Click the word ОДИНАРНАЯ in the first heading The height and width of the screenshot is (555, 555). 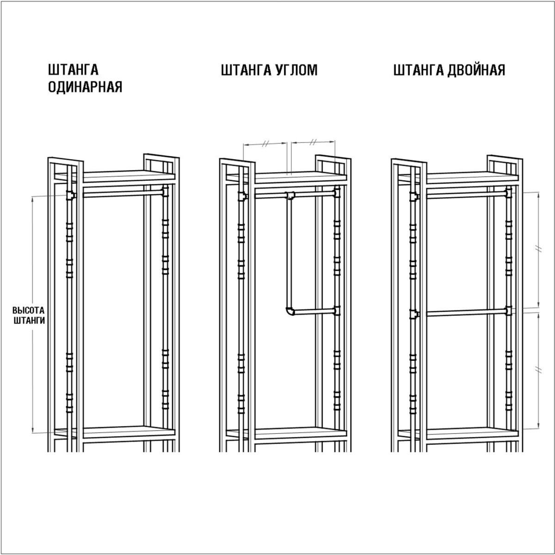point(85,86)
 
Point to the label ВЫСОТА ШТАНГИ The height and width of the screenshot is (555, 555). point(29,315)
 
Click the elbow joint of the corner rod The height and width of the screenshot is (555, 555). point(290,311)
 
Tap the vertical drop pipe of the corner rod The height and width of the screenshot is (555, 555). point(289,253)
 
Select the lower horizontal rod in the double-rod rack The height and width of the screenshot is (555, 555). point(466,313)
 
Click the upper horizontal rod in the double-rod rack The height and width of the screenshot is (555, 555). point(466,195)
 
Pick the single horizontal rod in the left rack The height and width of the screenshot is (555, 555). point(123,193)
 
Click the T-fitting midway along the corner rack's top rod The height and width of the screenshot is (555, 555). point(290,195)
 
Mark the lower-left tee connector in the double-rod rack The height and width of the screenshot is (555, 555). point(414,314)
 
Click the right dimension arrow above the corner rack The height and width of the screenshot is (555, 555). point(313,142)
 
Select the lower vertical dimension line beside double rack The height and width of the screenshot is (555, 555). point(539,370)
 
